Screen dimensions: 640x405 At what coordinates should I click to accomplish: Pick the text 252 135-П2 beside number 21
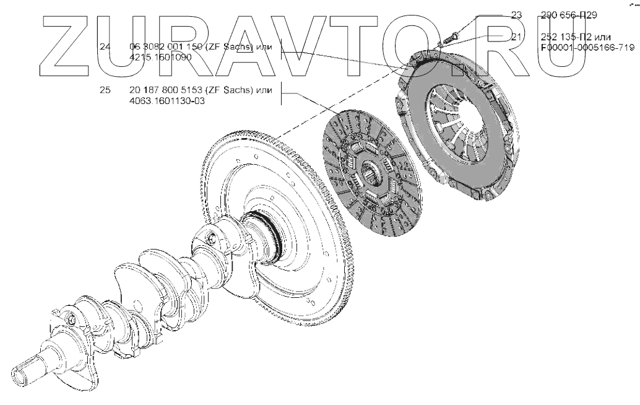click(564, 37)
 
